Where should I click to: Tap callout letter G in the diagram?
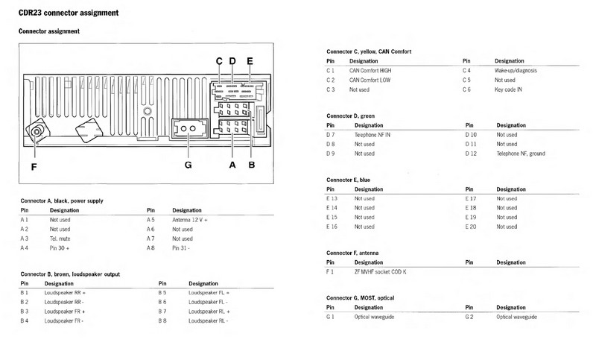(187, 165)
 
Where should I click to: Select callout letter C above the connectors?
(219, 61)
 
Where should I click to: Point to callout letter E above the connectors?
(250, 61)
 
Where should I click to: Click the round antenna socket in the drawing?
(36, 135)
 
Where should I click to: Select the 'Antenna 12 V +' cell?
(190, 220)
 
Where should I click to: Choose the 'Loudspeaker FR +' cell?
(66, 311)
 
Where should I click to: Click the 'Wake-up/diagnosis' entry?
(518, 69)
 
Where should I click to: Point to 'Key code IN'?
(511, 89)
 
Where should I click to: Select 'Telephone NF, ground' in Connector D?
(520, 154)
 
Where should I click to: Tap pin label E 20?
(469, 227)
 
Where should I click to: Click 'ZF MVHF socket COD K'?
(385, 272)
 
